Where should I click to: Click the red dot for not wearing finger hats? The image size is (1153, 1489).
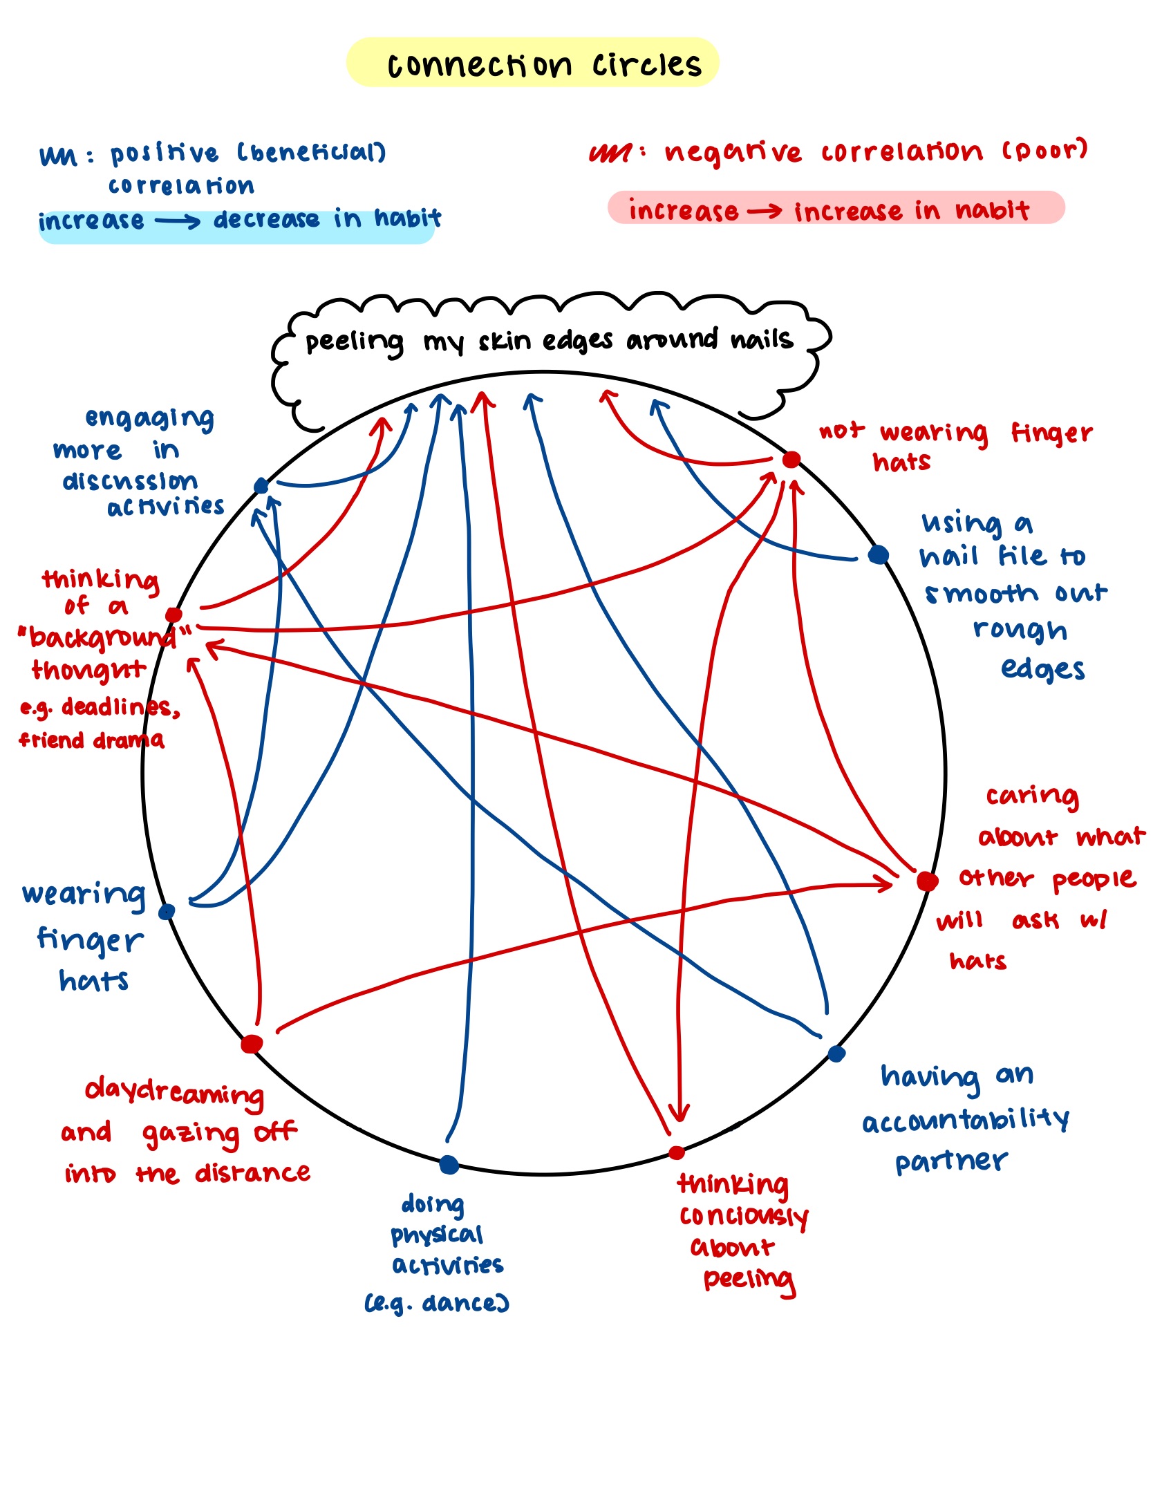pos(791,460)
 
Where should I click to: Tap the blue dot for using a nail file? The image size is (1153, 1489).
pos(878,554)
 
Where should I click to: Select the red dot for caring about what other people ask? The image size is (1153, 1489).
pos(927,881)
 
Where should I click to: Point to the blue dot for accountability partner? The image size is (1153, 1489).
pos(836,1053)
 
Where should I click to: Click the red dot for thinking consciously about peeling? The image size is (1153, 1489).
pos(677,1152)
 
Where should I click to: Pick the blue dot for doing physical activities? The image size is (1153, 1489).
pos(449,1165)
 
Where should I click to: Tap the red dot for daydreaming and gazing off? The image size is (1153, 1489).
pos(252,1044)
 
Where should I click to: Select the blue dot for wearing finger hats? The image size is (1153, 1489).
pos(167,912)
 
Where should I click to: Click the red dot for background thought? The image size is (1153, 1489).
pos(174,615)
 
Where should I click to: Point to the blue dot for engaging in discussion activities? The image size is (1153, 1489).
pos(261,486)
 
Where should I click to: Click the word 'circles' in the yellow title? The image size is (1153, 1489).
pos(646,65)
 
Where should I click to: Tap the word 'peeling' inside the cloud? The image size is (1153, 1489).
pos(355,342)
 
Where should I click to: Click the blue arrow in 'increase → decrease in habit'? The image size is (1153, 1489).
pos(178,221)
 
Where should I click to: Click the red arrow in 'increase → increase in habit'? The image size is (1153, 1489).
pos(765,211)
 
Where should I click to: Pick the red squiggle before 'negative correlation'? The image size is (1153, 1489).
pos(610,153)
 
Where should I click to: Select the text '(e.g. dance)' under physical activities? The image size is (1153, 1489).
pos(437,1303)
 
